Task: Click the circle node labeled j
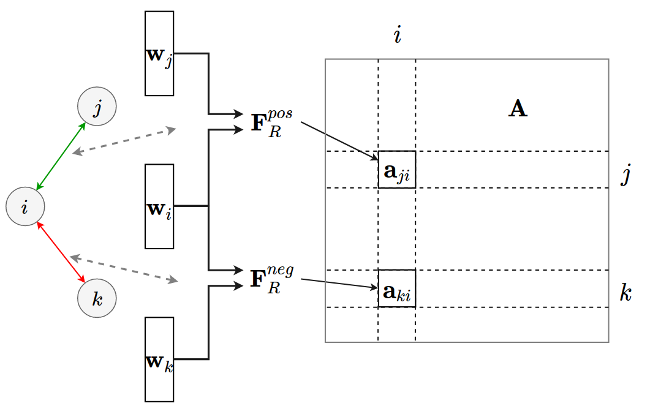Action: (x=97, y=107)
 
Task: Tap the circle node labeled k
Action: (x=97, y=299)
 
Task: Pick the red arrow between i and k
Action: (x=61, y=252)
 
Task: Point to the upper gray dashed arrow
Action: (x=124, y=141)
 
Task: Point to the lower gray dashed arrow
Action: (x=124, y=269)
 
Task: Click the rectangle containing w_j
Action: (x=159, y=53)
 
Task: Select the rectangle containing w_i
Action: (x=159, y=206)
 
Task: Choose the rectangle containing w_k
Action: (x=159, y=359)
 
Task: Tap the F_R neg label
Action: (x=271, y=278)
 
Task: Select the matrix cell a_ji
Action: (x=397, y=170)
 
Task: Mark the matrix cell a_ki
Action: (x=397, y=288)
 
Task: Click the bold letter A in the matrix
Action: (x=518, y=109)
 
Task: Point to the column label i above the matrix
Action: (x=397, y=36)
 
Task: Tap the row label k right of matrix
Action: (x=625, y=293)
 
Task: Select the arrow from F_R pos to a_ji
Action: (x=340, y=141)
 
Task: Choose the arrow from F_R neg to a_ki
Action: (x=340, y=284)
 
